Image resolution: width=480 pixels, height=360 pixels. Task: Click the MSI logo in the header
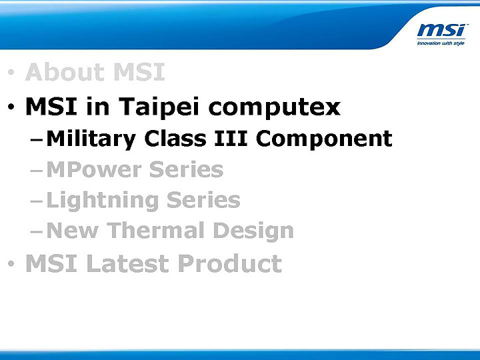442,31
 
